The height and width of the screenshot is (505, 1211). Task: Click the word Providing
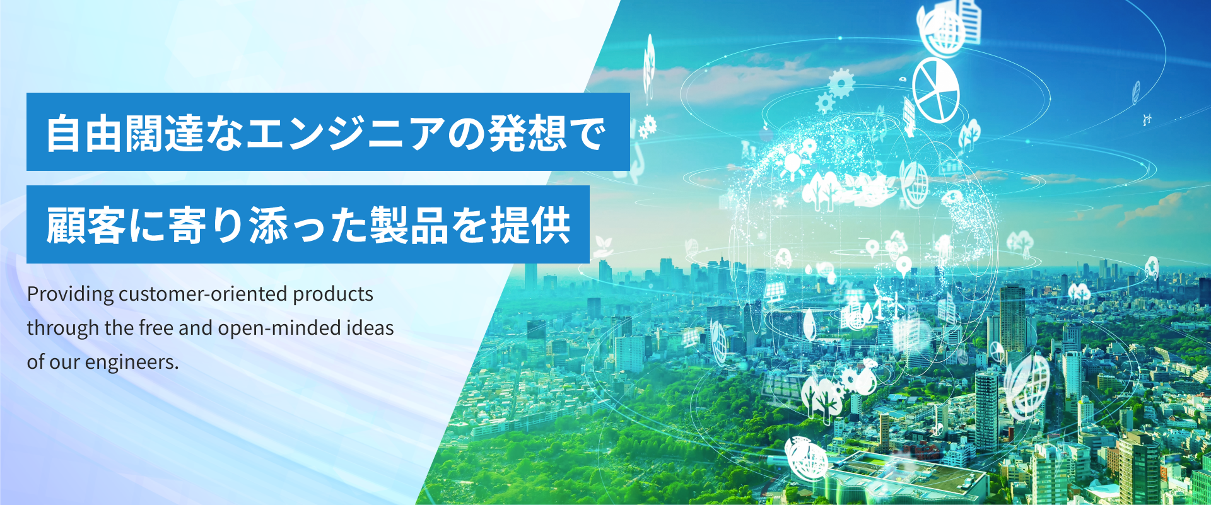pos(71,294)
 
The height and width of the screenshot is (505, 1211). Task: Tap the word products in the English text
pos(333,294)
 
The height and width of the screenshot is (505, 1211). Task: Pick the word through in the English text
pos(63,328)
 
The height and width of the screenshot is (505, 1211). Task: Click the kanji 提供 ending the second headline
pos(530,225)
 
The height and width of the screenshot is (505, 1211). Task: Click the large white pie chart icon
pos(936,90)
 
